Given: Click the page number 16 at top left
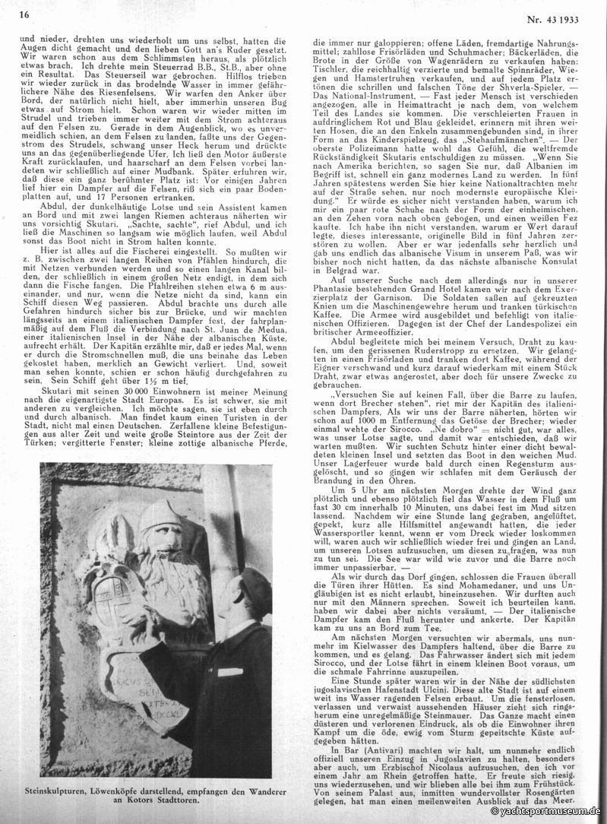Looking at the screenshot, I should pos(24,14).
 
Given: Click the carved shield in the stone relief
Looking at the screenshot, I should pos(133,608).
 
